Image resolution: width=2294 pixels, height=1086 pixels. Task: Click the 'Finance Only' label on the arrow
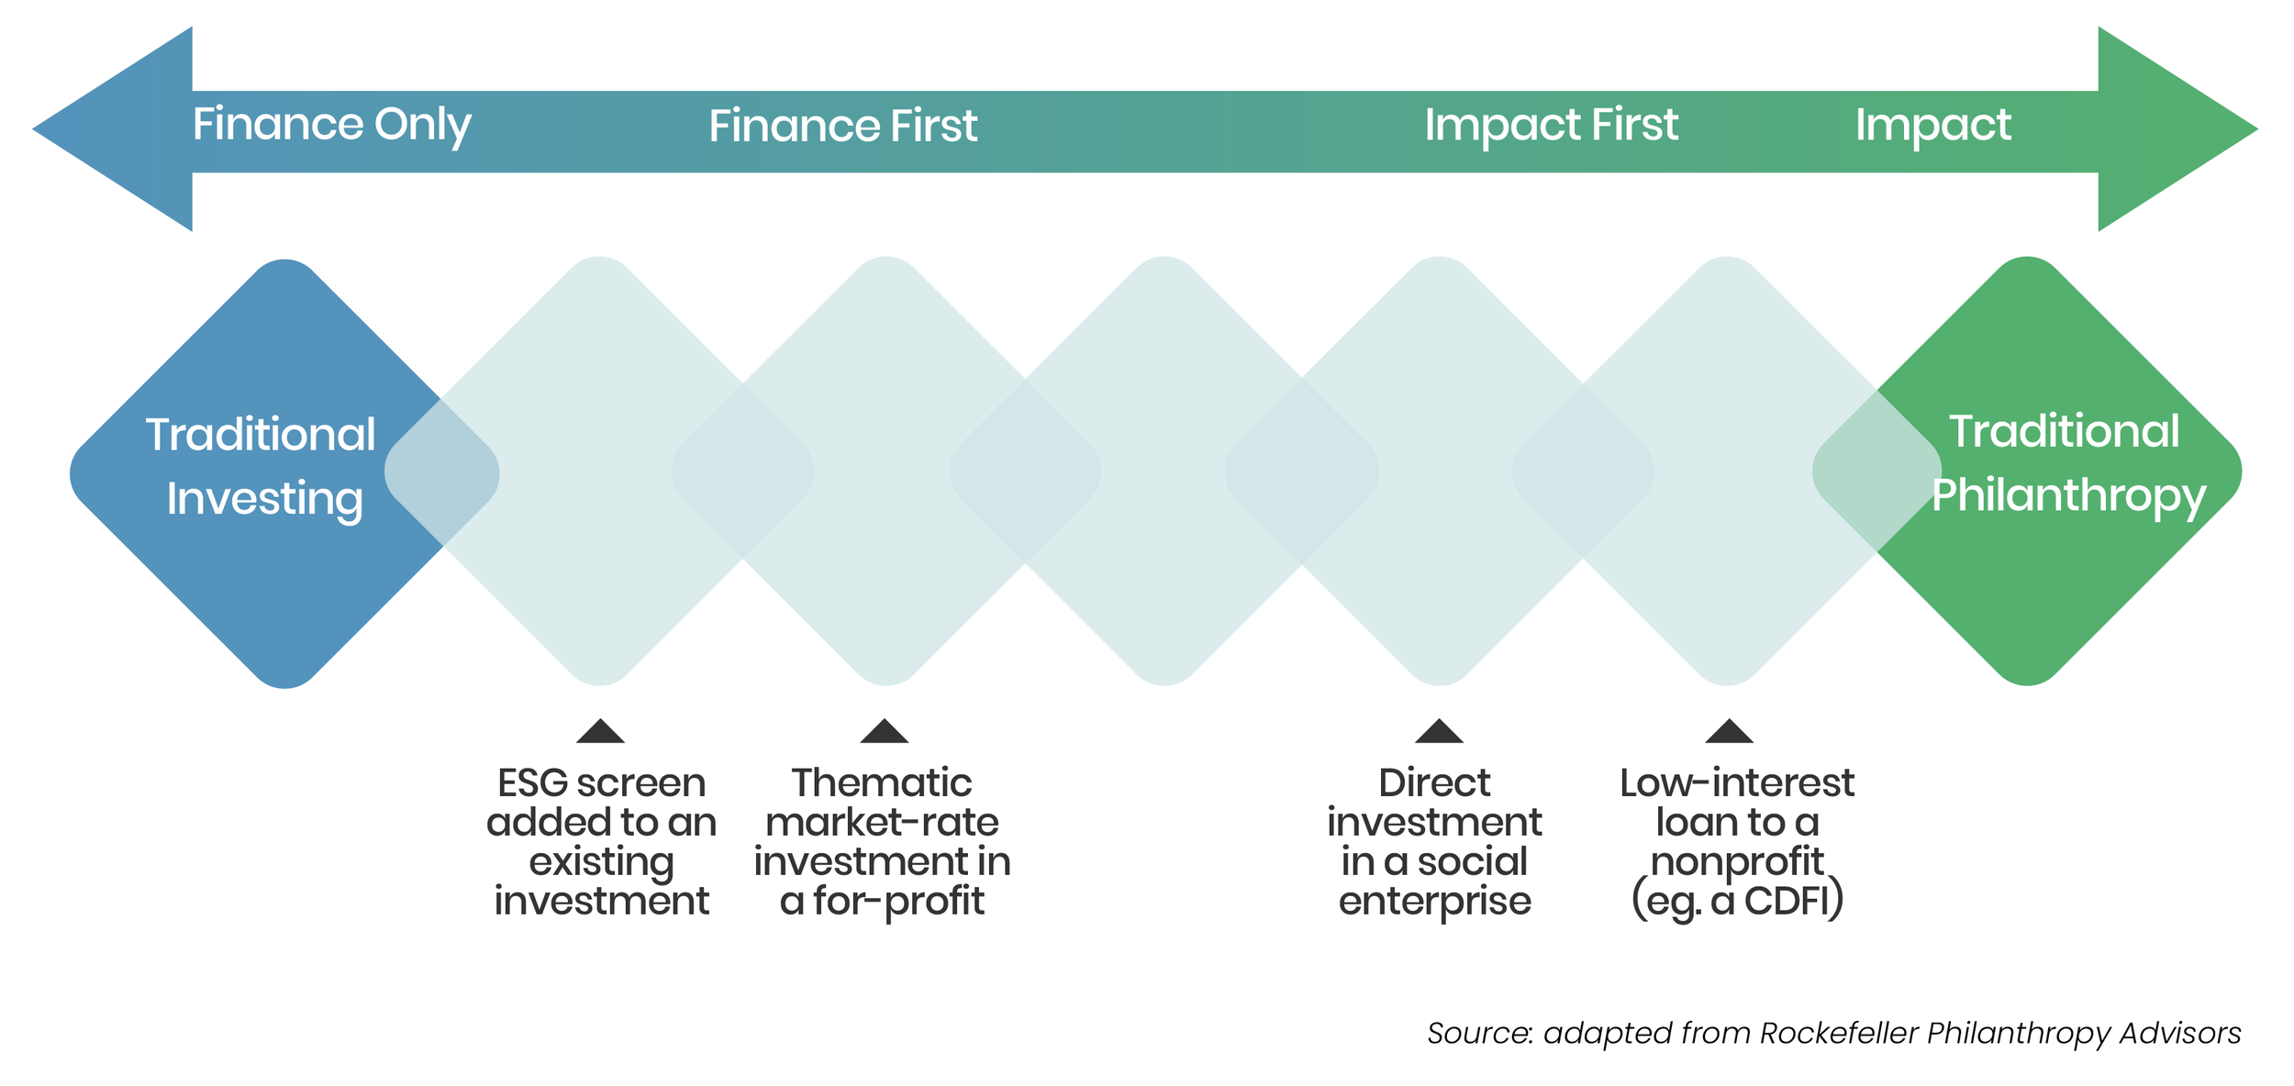coord(331,125)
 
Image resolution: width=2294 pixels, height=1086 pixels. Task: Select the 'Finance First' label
coord(842,126)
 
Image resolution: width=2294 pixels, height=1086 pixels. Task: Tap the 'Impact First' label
coord(1551,125)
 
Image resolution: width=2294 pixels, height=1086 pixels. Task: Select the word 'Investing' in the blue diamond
coord(264,500)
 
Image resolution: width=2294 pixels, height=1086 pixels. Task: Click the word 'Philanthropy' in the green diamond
coord(2068,496)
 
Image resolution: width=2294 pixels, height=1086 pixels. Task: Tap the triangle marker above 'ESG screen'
coord(600,732)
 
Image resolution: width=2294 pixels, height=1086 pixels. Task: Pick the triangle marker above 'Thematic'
coord(884,732)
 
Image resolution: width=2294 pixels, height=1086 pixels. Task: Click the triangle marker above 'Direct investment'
coord(1438,732)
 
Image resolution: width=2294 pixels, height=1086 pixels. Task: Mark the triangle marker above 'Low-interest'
coord(1729,732)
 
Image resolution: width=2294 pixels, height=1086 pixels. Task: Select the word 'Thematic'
coord(881,783)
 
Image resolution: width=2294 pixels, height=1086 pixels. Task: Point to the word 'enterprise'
coord(1434,902)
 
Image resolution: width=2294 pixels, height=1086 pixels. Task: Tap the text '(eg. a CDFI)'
coord(1737,902)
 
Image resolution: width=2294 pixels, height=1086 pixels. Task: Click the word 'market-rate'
coord(881,823)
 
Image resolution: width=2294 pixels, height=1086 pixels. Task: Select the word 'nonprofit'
coord(1736,862)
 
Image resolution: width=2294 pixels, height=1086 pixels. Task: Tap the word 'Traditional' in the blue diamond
coord(261,435)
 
